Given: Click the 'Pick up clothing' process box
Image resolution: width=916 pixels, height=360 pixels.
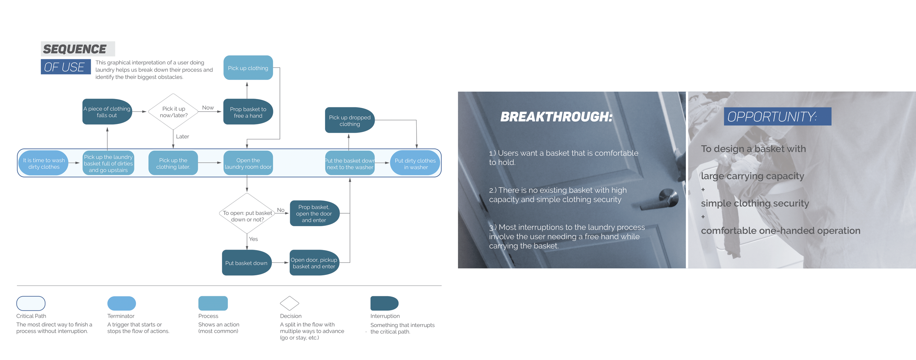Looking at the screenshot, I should [248, 68].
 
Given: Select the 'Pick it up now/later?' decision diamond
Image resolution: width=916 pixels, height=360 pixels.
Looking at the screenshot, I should [173, 112].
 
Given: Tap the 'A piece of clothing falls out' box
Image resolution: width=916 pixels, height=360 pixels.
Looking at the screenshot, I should [107, 112].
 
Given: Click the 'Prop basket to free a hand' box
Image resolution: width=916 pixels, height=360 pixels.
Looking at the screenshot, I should [248, 112].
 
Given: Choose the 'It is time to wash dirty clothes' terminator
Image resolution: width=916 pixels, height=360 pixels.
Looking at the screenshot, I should [44, 163].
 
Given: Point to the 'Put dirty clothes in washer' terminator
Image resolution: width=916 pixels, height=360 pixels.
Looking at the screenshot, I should [415, 164].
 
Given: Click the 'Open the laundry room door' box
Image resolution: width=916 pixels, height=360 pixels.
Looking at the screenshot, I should [248, 163].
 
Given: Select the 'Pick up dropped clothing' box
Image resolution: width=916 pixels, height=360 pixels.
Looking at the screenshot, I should [350, 120].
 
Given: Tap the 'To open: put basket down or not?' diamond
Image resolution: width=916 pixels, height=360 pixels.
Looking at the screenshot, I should [247, 214].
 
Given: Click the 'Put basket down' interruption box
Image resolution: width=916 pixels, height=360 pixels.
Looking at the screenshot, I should [246, 263].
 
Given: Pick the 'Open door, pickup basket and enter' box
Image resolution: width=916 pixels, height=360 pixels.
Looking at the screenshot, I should [314, 263].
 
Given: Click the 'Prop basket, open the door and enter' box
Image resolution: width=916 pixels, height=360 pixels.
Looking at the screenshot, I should [314, 213].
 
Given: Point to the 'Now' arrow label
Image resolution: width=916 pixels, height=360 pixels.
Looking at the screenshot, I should [208, 107].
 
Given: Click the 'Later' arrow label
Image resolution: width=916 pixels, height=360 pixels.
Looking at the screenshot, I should [182, 136].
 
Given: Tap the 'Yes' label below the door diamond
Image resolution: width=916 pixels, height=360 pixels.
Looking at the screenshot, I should [253, 239].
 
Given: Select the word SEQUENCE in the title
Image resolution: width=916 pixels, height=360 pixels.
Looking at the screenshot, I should [75, 49].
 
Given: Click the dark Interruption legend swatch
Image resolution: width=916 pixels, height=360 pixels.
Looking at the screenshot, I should [384, 303].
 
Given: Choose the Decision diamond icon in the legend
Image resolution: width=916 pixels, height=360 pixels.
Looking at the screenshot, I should [289, 303].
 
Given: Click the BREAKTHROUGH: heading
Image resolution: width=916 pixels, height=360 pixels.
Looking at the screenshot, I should [556, 117].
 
